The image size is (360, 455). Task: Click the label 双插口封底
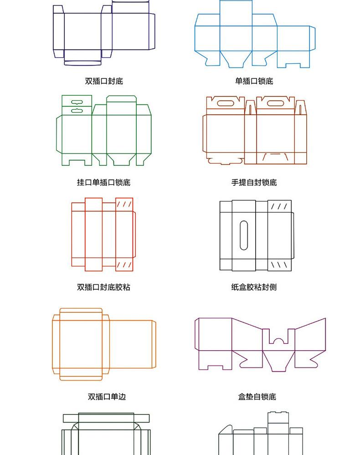(x=104, y=82)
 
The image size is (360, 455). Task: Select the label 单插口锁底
(x=254, y=82)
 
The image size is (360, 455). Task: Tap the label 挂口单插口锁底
(x=103, y=183)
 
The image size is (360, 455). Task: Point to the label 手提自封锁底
(x=254, y=183)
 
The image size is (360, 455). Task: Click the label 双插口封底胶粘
(x=103, y=287)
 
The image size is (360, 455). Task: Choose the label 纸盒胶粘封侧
(x=254, y=287)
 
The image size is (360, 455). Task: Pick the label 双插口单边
(x=107, y=397)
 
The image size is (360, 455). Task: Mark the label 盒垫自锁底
(x=257, y=397)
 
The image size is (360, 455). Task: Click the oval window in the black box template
(x=244, y=235)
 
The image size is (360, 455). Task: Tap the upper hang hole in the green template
(x=76, y=102)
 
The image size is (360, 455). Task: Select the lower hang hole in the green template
(x=76, y=110)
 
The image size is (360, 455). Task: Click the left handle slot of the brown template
(x=225, y=103)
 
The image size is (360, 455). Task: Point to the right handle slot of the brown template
(x=276, y=103)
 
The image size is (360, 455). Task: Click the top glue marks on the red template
(x=124, y=204)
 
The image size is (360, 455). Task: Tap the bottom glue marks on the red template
(x=124, y=264)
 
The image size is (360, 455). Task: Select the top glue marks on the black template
(x=279, y=207)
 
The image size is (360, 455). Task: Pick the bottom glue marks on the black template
(x=279, y=264)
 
